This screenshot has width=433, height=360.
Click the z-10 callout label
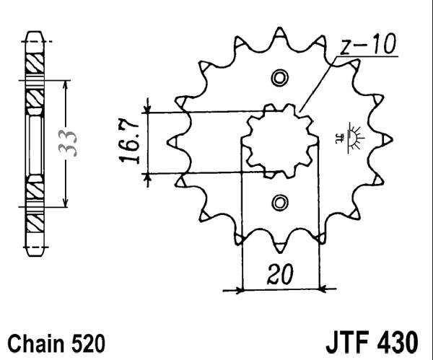tap(367, 47)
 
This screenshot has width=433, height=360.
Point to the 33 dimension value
tap(69, 143)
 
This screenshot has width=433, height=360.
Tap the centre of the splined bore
tap(280, 140)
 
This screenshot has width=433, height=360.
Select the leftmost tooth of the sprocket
tap(174, 141)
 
